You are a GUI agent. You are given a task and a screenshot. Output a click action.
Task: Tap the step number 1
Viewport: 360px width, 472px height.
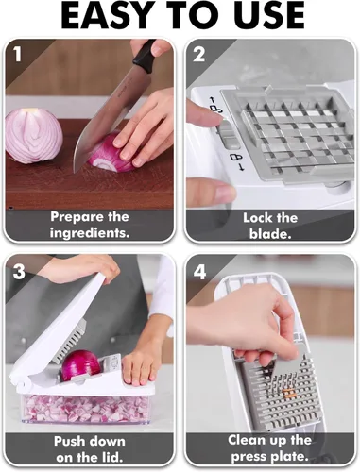[17, 55]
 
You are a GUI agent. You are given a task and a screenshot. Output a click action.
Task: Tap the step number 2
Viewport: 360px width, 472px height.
[199, 55]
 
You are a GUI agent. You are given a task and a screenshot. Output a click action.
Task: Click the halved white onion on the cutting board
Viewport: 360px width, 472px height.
[33, 133]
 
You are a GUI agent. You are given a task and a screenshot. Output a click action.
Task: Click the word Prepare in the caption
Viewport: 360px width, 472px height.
[73, 216]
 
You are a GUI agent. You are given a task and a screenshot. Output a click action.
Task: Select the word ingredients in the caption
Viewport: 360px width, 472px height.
[91, 231]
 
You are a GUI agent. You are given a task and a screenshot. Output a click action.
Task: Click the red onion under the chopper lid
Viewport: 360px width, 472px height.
[80, 365]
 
